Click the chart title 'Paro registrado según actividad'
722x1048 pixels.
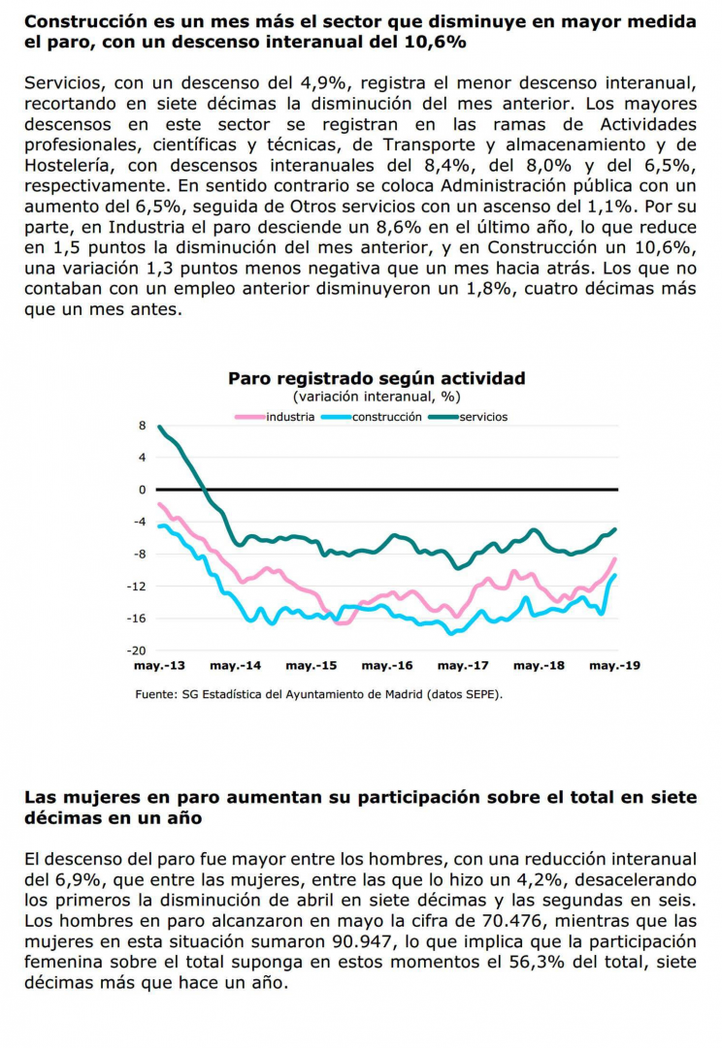[377, 378]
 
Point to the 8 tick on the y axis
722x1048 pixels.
[142, 426]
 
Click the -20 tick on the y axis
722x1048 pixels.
[137, 651]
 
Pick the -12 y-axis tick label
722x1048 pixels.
[137, 587]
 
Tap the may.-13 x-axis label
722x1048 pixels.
[159, 666]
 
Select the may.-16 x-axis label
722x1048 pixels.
[387, 666]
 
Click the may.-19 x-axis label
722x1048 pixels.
[614, 666]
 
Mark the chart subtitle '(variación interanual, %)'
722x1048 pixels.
[377, 397]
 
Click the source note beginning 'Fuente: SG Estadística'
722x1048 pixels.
[318, 694]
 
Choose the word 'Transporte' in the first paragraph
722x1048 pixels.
[429, 144]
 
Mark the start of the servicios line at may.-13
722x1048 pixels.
[159, 426]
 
